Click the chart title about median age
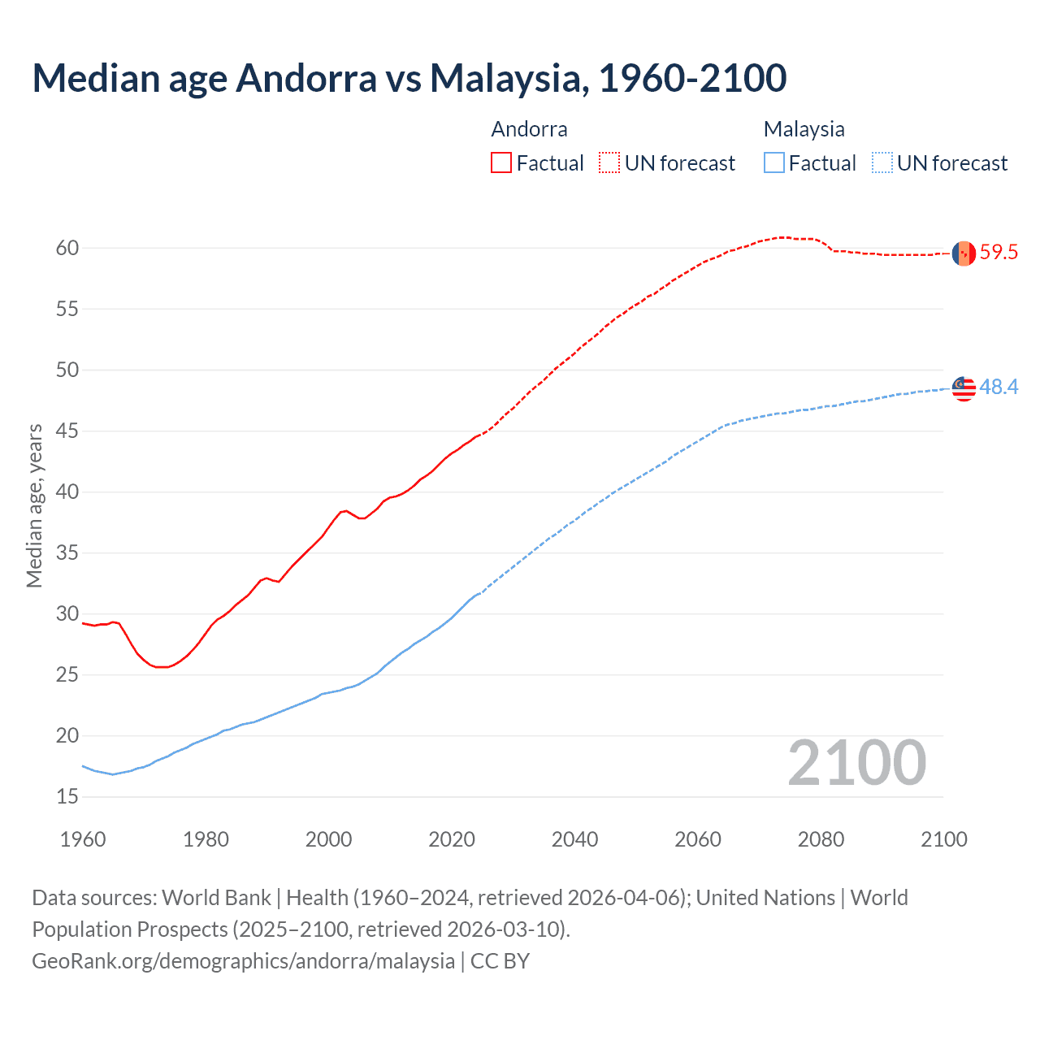(x=409, y=78)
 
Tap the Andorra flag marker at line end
(x=964, y=253)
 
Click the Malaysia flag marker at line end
(x=964, y=388)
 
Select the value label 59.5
(x=999, y=253)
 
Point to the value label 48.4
(x=999, y=388)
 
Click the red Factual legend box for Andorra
(x=501, y=163)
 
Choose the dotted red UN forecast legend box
(x=609, y=163)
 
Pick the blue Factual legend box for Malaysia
(x=774, y=163)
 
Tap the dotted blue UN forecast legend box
(x=882, y=163)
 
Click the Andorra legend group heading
(x=529, y=129)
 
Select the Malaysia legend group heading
(x=804, y=129)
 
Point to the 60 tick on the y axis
(x=67, y=248)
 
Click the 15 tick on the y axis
(x=67, y=797)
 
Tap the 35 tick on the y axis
(x=67, y=553)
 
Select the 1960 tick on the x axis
(x=83, y=839)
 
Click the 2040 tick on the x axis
(x=574, y=839)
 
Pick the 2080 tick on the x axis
(x=821, y=839)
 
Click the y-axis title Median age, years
(x=34, y=505)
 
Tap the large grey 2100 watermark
(x=856, y=763)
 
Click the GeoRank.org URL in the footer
(x=243, y=961)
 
